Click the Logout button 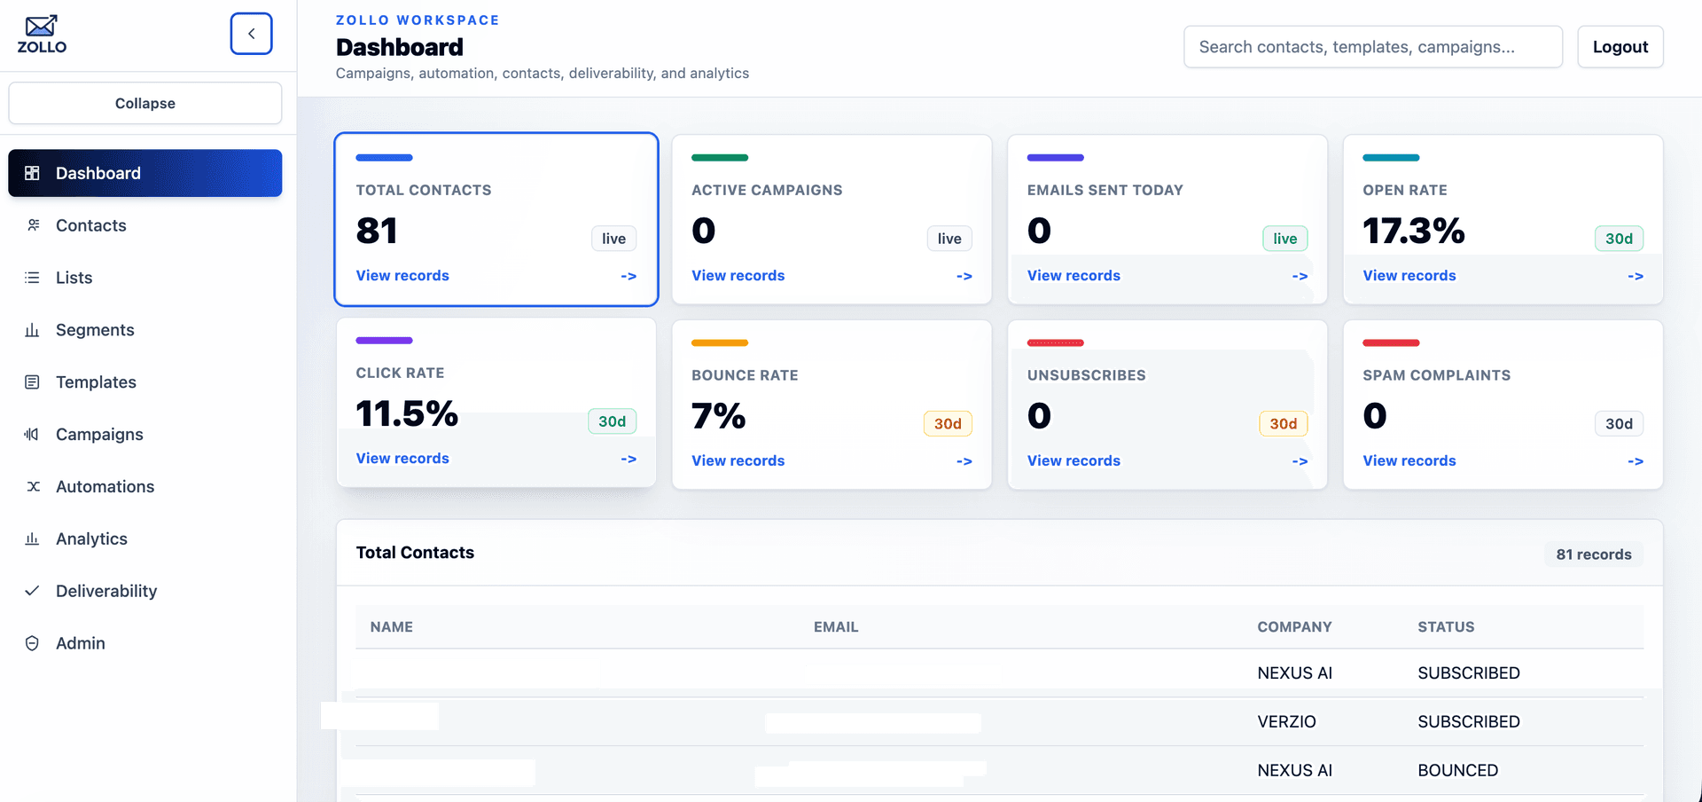[1620, 47]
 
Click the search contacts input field [1372, 47]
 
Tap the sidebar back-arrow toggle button [251, 34]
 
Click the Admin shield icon [32, 643]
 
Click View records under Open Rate [1409, 276]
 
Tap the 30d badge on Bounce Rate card [948, 424]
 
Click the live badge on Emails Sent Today [1284, 239]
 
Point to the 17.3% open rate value [1413, 231]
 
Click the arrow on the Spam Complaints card [1635, 461]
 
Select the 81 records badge [1593, 554]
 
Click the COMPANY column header [1294, 627]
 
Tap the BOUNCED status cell [1457, 771]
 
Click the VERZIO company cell [1286, 722]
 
